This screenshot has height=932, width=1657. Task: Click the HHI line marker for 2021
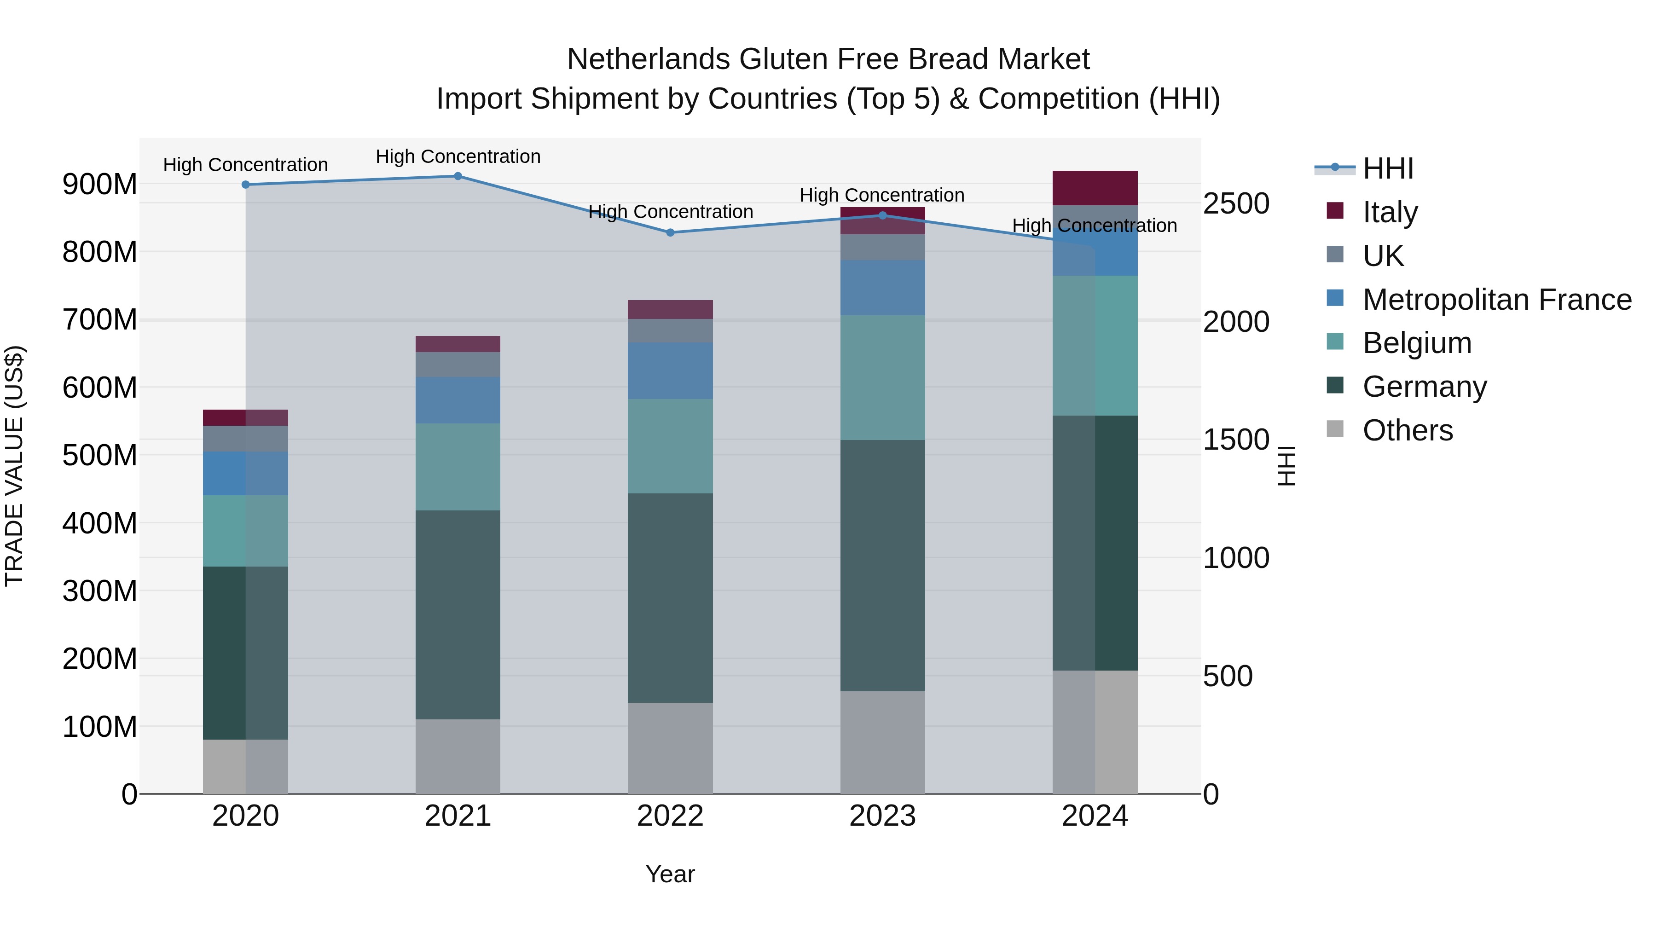pos(458,176)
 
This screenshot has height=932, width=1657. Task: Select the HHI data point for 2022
pos(670,233)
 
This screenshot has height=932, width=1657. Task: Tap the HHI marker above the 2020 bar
pos(246,185)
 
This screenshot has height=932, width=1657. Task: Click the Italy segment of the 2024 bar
pos(1095,188)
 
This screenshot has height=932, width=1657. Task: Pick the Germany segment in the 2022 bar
pos(670,598)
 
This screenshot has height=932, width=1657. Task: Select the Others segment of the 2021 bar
pos(458,756)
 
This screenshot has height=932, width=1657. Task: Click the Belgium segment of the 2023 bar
pos(882,377)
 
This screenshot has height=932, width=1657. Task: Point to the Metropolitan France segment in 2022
pos(670,370)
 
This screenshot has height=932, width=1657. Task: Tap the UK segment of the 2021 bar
pos(458,365)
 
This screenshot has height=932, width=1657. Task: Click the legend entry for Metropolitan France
pos(1497,300)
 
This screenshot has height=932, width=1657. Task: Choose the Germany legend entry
pos(1424,387)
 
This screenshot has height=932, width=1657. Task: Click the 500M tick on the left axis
pos(100,455)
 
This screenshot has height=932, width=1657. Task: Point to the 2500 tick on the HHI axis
pos(1236,204)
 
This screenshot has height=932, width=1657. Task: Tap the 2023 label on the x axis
pos(882,816)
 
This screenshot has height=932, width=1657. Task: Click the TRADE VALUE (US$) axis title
pos(14,466)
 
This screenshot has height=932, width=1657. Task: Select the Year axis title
pos(670,874)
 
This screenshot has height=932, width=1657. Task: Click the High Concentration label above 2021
pos(458,156)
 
